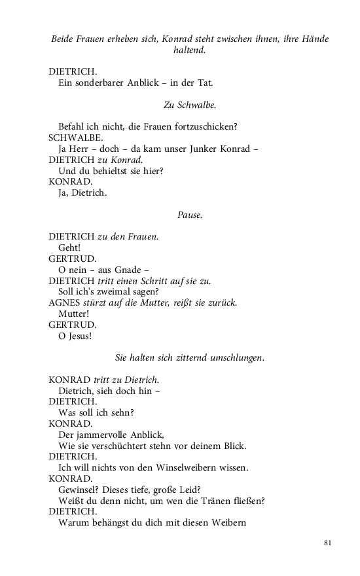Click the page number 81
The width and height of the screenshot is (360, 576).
coord(328,543)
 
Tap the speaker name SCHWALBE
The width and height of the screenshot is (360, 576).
coord(75,138)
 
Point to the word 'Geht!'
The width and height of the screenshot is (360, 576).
coord(70,248)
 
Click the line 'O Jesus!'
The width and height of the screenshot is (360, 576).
coord(75,336)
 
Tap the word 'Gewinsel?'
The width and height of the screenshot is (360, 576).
coord(79,490)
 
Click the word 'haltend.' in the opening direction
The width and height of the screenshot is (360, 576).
coord(190,50)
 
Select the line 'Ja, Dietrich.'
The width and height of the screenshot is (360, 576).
coord(82,193)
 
